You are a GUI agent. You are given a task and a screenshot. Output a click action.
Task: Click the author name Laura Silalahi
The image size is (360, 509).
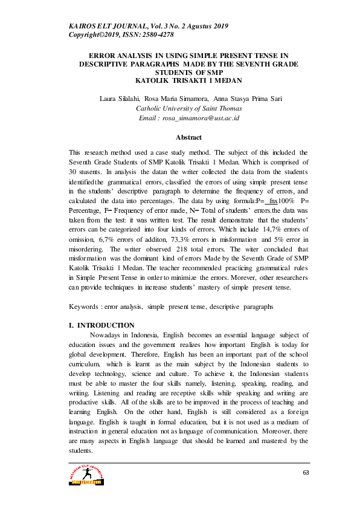click(120, 99)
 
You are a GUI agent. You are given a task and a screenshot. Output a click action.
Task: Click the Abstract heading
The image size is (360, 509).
click(179, 137)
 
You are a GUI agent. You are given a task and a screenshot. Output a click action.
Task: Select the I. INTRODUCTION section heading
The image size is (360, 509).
click(102, 325)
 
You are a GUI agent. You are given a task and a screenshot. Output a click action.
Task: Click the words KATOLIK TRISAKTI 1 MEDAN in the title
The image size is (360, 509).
click(180, 80)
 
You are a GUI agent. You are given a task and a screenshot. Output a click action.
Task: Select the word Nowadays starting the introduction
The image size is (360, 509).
click(107, 335)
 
